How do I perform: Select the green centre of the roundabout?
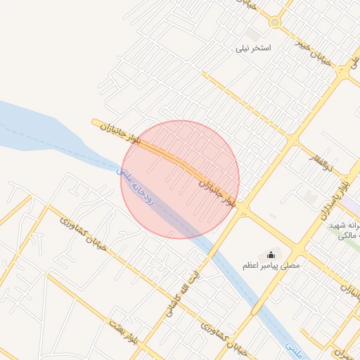(274, 22)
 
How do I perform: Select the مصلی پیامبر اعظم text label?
(271, 266)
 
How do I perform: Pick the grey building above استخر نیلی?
(252, 34)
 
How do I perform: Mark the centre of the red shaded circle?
(180, 180)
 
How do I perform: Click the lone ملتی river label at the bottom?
(295, 345)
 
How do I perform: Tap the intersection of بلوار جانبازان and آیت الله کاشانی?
(243, 210)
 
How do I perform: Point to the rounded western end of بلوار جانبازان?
(95, 122)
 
